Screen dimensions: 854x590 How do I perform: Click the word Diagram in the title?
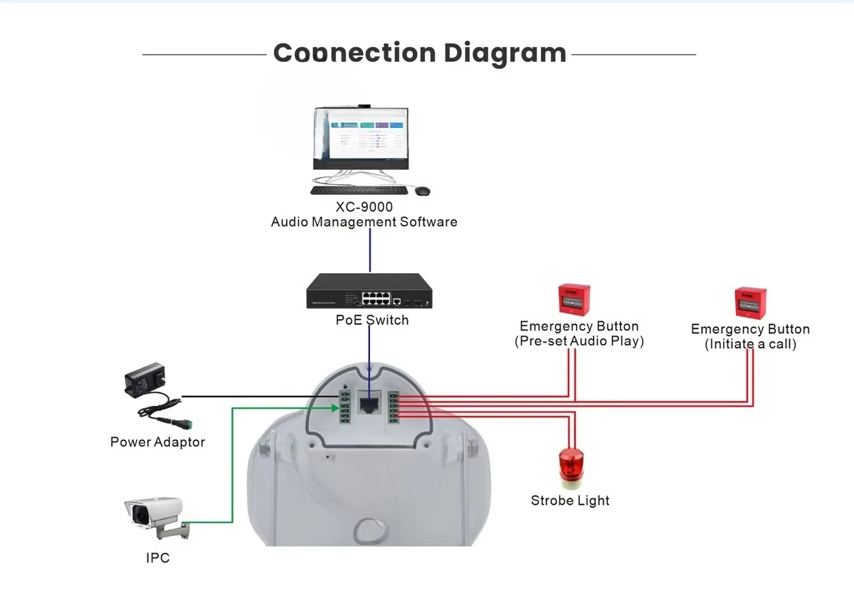[x=505, y=54]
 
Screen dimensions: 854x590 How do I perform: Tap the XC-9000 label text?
[x=364, y=207]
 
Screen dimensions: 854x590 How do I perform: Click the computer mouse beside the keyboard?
[x=423, y=191]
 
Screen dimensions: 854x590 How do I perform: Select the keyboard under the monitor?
[x=359, y=190]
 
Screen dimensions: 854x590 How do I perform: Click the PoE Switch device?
[x=369, y=291]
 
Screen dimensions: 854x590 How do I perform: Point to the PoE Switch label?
[x=372, y=320]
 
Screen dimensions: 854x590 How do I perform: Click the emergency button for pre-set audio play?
[x=574, y=299]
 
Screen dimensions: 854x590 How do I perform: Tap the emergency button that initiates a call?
[x=750, y=303]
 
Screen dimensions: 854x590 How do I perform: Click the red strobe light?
[x=571, y=468]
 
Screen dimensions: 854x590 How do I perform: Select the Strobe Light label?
[x=570, y=500]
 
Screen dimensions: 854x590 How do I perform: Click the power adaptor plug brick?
[x=145, y=380]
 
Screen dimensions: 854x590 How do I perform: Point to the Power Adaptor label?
[x=157, y=442]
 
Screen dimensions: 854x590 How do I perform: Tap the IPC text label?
[x=158, y=557]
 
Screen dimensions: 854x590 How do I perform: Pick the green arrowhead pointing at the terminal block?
[x=335, y=408]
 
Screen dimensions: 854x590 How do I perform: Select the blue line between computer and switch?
[x=370, y=250]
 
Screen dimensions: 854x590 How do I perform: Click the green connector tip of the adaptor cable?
[x=189, y=424]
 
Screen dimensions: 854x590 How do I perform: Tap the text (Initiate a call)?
[x=750, y=344]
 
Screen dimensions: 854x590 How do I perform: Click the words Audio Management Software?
[x=364, y=222]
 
